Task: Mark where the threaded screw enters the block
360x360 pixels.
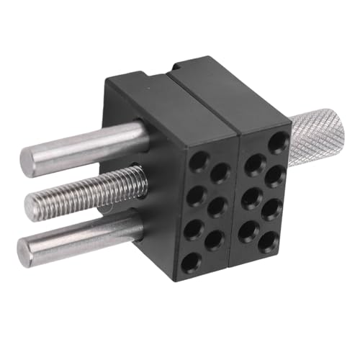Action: pos(144,186)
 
